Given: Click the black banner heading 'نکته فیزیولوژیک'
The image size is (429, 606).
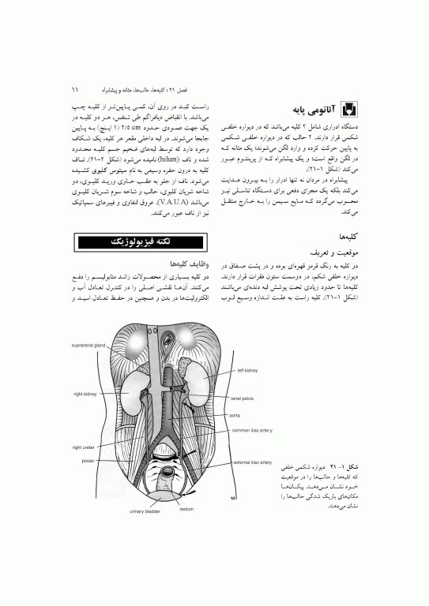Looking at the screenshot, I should pyautogui.click(x=140, y=240).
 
